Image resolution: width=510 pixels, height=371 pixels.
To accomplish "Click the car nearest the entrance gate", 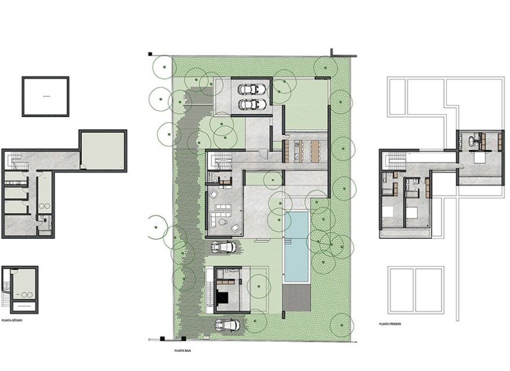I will (x=227, y=325).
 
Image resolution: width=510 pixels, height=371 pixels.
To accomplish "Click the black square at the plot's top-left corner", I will (x=151, y=54).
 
